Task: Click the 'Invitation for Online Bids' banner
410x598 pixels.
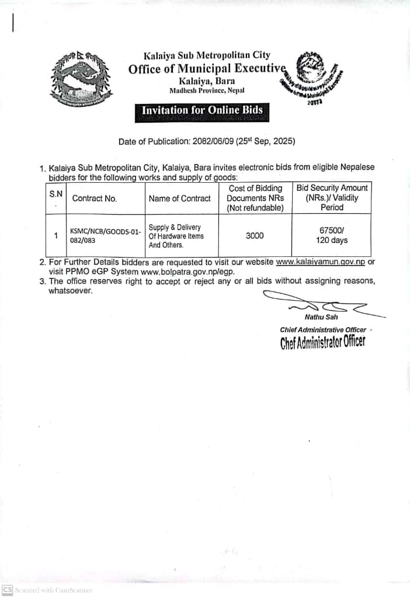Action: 202,110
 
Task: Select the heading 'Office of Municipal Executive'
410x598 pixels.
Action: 207,68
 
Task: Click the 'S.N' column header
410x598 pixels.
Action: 56,193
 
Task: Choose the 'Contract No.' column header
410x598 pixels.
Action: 95,199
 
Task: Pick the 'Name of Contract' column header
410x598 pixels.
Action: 180,199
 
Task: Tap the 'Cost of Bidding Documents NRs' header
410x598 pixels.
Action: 255,198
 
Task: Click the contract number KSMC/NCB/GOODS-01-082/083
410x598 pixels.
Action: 106,236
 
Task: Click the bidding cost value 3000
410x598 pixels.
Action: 255,235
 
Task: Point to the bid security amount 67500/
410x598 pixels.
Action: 332,231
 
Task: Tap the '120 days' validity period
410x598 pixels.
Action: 332,241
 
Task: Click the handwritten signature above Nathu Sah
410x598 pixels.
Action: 318,304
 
